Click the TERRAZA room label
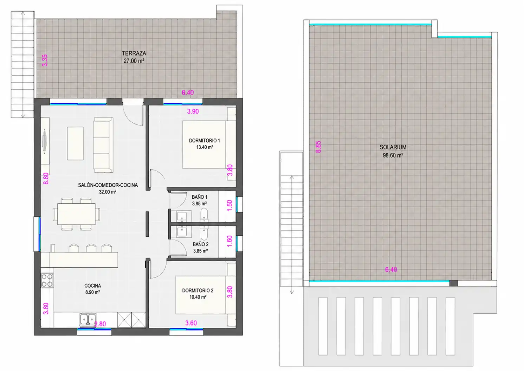[134, 53]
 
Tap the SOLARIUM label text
[393, 147]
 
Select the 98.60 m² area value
[393, 155]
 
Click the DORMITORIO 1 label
[205, 140]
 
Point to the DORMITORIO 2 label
[198, 290]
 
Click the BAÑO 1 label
[200, 197]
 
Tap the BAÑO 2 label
[200, 244]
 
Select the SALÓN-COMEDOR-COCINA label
[108, 185]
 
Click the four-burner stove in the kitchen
[47, 280]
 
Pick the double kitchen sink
[88, 319]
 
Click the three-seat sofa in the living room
[103, 145]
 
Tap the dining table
[76, 214]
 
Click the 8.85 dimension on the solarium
[318, 147]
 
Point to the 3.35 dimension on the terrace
[45, 60]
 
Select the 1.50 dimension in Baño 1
[230, 205]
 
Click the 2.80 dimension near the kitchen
[100, 324]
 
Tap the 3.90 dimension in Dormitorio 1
[193, 111]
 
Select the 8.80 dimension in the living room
[46, 178]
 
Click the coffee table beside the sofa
[75, 143]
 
